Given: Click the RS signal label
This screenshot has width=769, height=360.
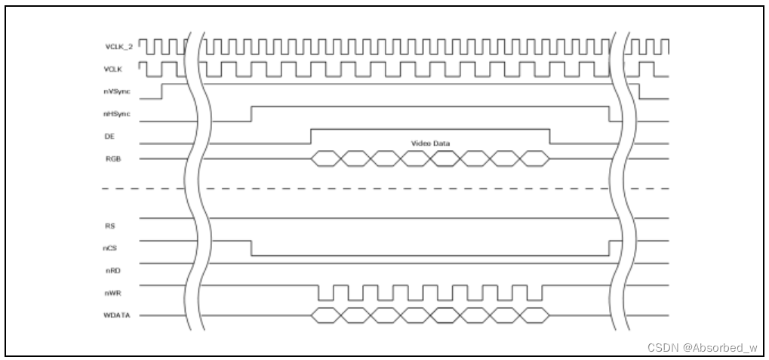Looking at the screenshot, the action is [109, 225].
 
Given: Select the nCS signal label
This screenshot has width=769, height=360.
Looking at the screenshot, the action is [110, 247].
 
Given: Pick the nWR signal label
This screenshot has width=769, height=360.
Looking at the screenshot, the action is [111, 291].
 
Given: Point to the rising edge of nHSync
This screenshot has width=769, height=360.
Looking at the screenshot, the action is [251, 113].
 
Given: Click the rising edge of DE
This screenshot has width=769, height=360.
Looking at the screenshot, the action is [311, 136].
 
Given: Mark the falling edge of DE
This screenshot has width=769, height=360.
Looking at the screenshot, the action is [549, 136].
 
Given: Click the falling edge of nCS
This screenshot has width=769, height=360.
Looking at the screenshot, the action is [251, 249].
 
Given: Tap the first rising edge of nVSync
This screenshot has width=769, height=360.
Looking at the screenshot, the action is [163, 91].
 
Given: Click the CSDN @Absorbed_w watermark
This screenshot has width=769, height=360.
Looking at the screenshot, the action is [702, 347].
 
